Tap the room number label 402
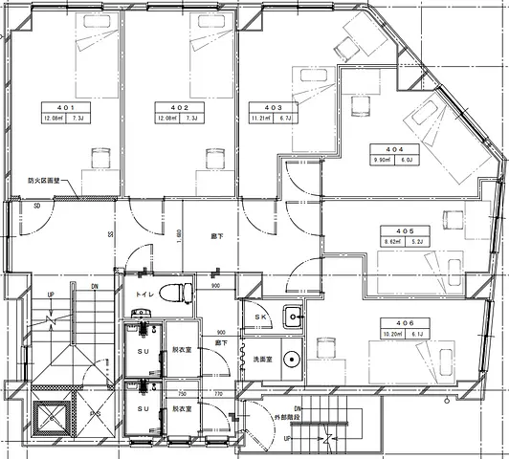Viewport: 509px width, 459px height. (x=179, y=107)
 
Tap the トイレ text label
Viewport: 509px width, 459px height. (x=145, y=295)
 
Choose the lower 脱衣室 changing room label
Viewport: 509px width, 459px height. (x=181, y=408)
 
